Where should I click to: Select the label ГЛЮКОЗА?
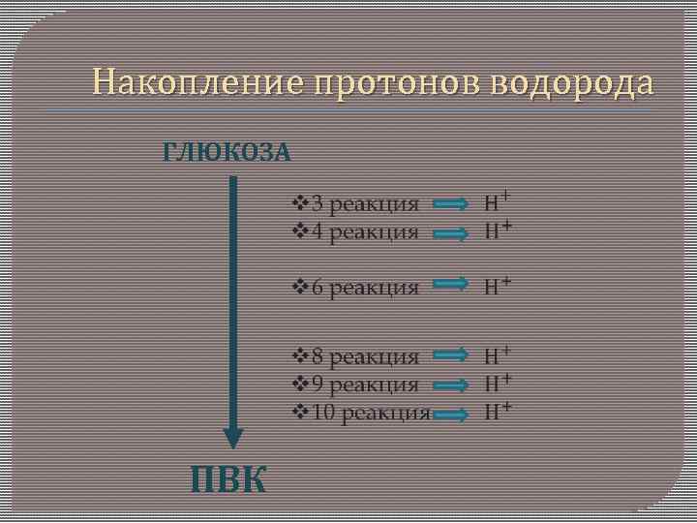coord(227,152)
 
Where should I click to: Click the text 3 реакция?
coord(364,204)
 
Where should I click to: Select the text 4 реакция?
coord(364,232)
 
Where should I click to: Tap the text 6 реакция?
coord(364,287)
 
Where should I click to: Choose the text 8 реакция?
coord(364,357)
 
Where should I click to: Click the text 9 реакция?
coord(364,385)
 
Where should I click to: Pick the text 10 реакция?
coord(370,413)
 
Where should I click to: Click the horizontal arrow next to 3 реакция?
coord(451,204)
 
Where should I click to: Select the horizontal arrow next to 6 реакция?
coord(451,284)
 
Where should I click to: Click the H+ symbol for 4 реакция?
coord(498,231)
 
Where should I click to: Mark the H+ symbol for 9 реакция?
coord(498,383)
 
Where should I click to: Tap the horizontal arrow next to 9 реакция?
coord(451,385)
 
